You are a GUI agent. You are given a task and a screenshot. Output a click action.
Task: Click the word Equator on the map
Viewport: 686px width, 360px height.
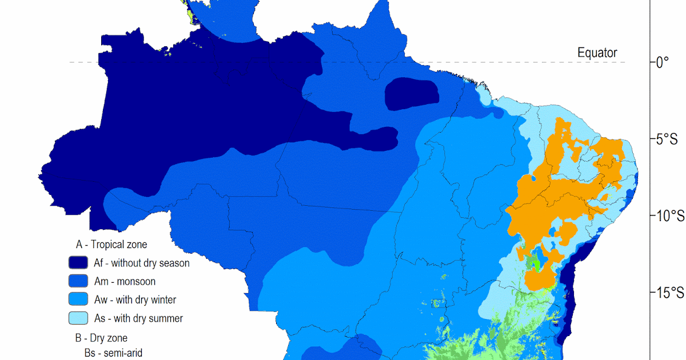coord(597,53)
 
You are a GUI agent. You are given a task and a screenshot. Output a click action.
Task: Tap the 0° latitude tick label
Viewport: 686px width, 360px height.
coord(663,62)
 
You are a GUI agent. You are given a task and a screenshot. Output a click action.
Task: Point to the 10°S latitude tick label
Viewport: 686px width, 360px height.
coord(669,216)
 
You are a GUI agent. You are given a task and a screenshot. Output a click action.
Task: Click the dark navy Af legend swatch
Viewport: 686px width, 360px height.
coord(78,263)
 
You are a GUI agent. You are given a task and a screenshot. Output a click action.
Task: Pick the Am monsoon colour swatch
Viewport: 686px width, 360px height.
coord(78,281)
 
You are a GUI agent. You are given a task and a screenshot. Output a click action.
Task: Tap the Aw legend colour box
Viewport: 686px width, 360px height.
coord(78,299)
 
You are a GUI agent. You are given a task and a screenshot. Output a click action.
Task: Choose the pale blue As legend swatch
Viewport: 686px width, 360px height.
coord(78,318)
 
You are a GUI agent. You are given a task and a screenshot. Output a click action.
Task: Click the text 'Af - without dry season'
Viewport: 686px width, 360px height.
coord(142,263)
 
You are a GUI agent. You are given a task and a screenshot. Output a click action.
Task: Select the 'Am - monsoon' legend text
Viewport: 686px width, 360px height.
coord(125,281)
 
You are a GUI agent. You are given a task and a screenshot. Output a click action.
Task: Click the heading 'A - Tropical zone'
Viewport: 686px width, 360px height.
coord(111,245)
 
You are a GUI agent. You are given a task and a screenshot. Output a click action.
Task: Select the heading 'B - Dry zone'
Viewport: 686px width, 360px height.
coord(101,338)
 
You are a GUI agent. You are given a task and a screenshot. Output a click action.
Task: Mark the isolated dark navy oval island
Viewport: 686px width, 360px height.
coord(412,95)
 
